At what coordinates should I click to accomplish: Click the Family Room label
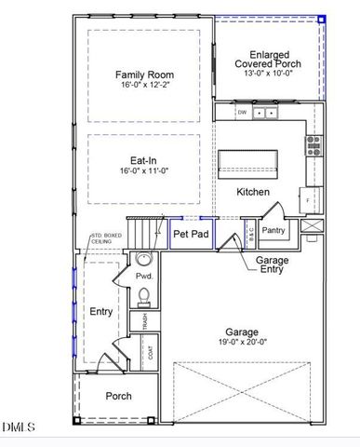(144, 74)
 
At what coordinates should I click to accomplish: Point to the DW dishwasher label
(241, 113)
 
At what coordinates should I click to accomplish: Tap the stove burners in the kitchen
(313, 144)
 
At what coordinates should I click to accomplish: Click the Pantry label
(273, 230)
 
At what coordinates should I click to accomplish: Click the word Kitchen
(252, 192)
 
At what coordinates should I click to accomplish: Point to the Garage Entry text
(273, 264)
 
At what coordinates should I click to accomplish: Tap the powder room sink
(143, 261)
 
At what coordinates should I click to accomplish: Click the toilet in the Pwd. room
(143, 296)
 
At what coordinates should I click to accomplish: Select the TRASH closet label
(144, 321)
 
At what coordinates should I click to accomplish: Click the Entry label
(100, 311)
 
